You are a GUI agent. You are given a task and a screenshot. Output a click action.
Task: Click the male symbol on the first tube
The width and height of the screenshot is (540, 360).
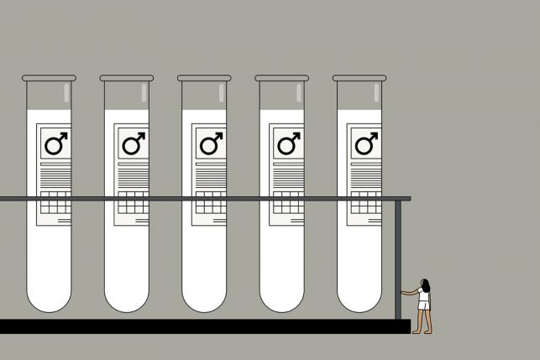click(x=56, y=144)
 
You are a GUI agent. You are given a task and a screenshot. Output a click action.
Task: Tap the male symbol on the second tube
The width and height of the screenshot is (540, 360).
click(x=134, y=144)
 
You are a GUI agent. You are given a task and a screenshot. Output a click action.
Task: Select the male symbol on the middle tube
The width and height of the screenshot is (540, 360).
click(x=211, y=144)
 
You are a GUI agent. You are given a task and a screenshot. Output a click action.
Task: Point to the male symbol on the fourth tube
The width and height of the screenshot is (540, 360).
click(x=288, y=144)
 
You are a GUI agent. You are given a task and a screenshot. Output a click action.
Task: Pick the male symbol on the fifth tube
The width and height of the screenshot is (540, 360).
click(x=365, y=144)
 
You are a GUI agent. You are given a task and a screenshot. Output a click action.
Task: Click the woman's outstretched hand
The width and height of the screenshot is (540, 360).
click(x=403, y=292)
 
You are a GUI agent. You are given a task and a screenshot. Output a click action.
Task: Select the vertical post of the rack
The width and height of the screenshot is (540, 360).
click(x=398, y=260)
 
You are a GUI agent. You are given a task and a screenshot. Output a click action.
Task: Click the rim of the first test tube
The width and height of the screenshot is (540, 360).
click(x=49, y=78)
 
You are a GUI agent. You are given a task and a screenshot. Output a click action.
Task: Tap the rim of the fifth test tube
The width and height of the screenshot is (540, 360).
click(x=359, y=78)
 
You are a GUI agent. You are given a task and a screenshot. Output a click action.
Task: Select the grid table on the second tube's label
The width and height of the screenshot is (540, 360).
click(x=134, y=203)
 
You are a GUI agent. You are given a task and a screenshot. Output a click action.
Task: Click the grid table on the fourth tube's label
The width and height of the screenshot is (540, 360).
click(x=288, y=203)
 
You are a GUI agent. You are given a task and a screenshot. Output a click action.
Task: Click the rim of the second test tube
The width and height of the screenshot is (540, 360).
click(x=126, y=78)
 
